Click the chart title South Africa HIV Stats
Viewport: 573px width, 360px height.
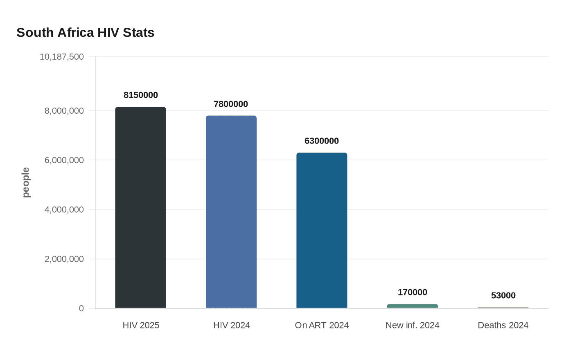click(x=85, y=32)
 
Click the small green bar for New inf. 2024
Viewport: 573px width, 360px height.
click(x=413, y=306)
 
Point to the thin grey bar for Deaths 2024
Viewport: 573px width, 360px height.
click(x=503, y=307)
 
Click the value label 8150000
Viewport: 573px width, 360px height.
click(x=141, y=95)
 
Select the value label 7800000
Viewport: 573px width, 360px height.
click(x=231, y=104)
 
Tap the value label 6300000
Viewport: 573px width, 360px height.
click(x=322, y=141)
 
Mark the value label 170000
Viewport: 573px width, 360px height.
click(x=413, y=292)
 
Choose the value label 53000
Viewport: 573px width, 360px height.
click(x=503, y=295)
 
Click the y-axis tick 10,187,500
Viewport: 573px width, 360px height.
click(x=62, y=56)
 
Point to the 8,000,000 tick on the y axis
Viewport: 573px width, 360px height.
click(x=64, y=111)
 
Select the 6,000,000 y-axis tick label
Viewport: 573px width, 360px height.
click(x=64, y=160)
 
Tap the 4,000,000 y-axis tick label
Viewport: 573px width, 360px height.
click(x=64, y=209)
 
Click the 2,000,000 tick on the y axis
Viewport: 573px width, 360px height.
click(x=64, y=259)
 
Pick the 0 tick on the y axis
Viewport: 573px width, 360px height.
click(x=81, y=308)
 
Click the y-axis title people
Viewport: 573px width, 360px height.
click(x=26, y=182)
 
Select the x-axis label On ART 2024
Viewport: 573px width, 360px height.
click(x=322, y=325)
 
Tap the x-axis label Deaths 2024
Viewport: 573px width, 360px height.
click(x=503, y=325)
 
